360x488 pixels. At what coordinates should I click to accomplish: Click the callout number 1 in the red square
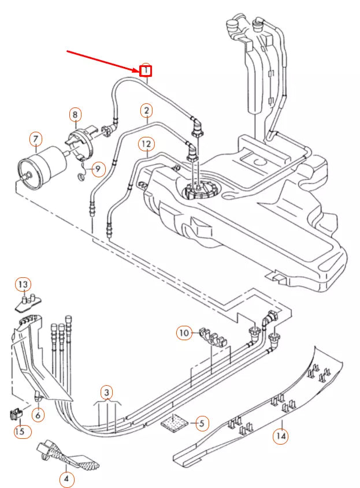point(146,71)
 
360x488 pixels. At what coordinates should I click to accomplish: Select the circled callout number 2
point(147,110)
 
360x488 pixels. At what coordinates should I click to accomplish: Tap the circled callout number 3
point(106,392)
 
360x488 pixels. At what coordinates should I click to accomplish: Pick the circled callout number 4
point(67,479)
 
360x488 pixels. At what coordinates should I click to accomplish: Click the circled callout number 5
point(201,423)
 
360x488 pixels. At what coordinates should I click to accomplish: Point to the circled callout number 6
point(38,415)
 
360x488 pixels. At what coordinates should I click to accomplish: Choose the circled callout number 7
point(36,139)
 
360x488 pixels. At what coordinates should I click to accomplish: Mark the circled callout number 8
point(75,115)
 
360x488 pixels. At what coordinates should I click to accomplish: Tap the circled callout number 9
point(98,169)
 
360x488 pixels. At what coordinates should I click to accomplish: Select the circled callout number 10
point(184,333)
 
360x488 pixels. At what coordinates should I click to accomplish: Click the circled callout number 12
point(146,143)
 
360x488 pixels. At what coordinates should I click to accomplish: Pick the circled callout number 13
point(23,285)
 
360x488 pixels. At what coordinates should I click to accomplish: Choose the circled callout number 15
point(20,431)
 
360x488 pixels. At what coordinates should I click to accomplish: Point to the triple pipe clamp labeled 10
point(211,336)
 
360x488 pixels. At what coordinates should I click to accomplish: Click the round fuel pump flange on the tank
point(198,189)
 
